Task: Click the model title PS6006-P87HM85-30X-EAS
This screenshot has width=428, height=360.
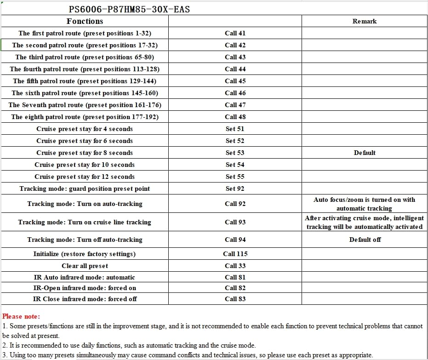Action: click(129, 9)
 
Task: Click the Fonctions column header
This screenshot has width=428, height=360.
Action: click(85, 21)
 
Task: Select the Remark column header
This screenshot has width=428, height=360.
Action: click(365, 21)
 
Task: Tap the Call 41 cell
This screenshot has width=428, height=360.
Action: click(235, 33)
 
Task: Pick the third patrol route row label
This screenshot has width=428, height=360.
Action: click(85, 57)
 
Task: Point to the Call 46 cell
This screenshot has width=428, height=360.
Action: click(235, 93)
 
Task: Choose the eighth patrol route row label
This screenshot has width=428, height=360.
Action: click(85, 117)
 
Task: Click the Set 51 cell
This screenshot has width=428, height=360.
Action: click(235, 129)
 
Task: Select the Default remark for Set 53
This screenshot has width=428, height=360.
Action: click(365, 153)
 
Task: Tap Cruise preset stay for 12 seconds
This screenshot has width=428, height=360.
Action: click(85, 177)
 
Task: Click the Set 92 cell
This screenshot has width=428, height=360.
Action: click(235, 189)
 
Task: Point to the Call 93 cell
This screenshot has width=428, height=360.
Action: click(235, 222)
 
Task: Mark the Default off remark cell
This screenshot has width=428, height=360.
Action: click(365, 240)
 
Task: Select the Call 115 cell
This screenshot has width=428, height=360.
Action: click(235, 254)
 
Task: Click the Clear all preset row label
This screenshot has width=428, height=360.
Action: click(85, 266)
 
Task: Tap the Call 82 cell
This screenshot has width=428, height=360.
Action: click(235, 288)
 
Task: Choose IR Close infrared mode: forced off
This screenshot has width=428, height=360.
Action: click(85, 299)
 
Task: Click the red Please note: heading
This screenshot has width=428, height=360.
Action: click(21, 316)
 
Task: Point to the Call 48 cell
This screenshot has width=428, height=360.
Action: click(235, 117)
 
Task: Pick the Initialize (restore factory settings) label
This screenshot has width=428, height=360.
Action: click(85, 254)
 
